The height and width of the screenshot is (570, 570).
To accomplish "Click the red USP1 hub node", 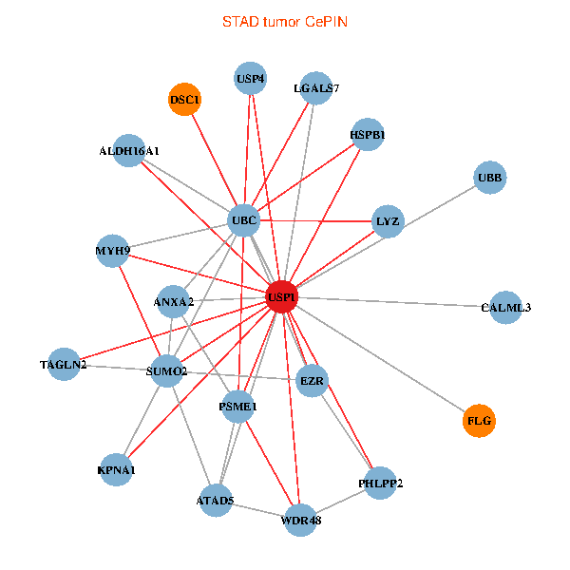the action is point(282,296).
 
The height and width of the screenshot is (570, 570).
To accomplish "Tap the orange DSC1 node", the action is point(185,99).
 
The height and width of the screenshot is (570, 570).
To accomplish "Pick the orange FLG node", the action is point(480,420).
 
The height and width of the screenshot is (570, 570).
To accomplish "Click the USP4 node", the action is point(251,78).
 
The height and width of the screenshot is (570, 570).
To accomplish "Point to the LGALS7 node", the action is point(315,88).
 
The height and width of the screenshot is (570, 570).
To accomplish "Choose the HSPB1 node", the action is point(367,134).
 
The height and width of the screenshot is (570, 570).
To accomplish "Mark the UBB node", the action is point(490,178).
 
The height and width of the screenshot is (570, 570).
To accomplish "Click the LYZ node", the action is point(389,222).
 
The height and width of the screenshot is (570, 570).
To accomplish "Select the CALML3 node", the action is point(505,307).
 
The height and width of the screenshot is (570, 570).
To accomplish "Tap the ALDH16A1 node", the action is point(129,150).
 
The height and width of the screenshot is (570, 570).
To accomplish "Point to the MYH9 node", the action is point(112,251).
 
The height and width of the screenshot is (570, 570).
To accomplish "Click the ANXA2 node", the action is point(173,302).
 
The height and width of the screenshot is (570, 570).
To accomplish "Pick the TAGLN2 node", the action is point(64,365).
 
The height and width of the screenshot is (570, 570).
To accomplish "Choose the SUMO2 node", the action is point(167,370).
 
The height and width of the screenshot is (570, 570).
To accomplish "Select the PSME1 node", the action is point(238,407).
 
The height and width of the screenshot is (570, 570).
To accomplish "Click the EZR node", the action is point(313,382).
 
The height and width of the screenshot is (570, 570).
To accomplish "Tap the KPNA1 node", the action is point(117,469).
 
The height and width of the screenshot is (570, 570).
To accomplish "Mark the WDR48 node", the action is point(301,520).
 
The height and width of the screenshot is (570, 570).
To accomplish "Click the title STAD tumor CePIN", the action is point(285,21).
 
